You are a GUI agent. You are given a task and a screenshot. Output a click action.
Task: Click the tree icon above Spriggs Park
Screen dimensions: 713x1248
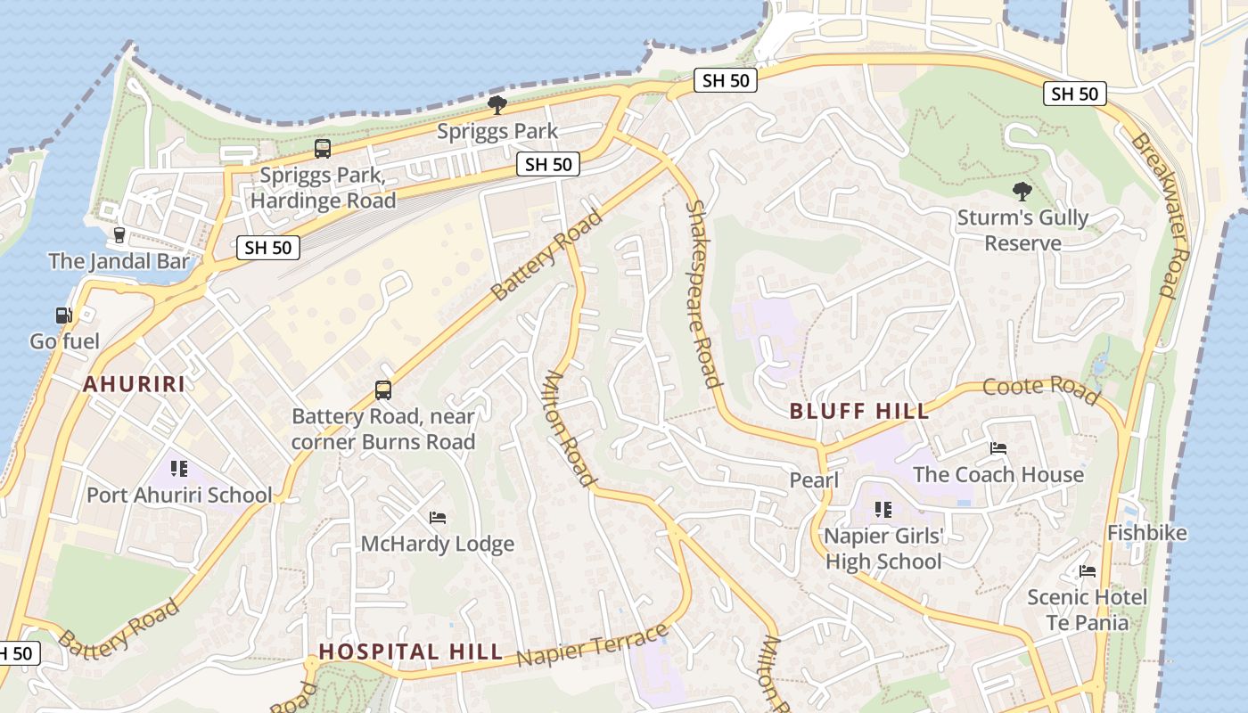tap(497, 105)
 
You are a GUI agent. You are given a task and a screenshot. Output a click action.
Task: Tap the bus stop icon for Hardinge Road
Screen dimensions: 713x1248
tap(323, 149)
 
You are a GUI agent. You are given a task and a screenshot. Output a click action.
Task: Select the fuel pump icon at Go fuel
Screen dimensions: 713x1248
tap(64, 315)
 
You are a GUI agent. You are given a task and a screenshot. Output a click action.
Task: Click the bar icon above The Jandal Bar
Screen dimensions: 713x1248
tap(119, 235)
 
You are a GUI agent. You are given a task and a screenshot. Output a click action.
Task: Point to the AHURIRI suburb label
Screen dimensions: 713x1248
tap(135, 384)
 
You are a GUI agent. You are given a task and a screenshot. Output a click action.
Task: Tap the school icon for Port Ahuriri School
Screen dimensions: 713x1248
tap(179, 469)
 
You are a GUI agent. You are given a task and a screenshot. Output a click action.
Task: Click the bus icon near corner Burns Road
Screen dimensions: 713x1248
tap(383, 389)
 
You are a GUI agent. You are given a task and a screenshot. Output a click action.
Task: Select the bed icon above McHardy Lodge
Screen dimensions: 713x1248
tap(438, 518)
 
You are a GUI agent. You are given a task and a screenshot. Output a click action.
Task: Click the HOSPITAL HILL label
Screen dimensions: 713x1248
tap(411, 652)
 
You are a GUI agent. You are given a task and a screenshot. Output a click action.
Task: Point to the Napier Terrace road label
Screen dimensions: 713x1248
tap(592, 646)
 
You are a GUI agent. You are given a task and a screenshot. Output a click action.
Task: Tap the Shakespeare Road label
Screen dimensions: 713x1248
tap(702, 294)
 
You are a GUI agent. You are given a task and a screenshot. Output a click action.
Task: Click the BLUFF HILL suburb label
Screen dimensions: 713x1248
tap(859, 411)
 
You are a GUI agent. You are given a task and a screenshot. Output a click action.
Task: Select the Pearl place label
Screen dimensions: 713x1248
tap(814, 480)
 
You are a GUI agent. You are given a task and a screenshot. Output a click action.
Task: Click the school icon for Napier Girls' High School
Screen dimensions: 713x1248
tap(883, 510)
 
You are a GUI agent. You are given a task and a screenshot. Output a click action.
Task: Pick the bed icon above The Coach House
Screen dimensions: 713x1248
tap(998, 448)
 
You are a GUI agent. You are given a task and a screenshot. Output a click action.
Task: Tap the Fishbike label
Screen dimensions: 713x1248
tap(1146, 533)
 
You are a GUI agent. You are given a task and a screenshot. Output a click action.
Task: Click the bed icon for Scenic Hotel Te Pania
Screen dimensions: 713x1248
tap(1087, 571)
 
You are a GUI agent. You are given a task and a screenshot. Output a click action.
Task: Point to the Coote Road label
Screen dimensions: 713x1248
tap(1041, 389)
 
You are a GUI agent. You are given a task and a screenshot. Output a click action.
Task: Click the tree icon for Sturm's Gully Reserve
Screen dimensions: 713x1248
tap(1022, 191)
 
